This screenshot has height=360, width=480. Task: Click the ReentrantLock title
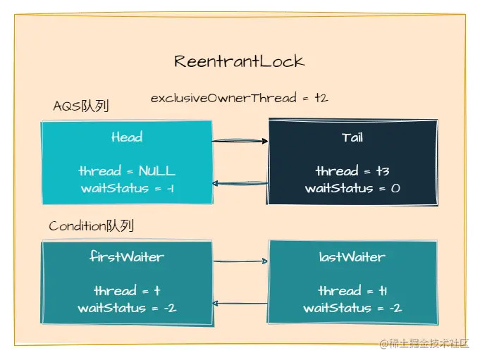240,61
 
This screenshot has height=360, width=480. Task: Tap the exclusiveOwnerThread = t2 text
239,98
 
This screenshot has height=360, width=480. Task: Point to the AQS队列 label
81,106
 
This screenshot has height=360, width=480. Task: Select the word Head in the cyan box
127,137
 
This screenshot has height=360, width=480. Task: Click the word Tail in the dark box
352,137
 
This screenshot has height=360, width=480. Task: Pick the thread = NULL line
127,171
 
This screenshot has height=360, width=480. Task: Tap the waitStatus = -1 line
127,188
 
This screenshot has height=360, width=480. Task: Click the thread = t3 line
352,171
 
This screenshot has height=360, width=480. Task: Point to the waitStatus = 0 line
352,188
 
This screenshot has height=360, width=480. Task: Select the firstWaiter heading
127,257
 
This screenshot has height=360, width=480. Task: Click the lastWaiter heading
352,257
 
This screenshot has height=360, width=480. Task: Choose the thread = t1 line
352,291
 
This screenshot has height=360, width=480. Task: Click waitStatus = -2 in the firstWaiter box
127,308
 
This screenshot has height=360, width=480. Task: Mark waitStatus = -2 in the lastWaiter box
352,308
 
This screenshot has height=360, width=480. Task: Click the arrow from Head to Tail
240,141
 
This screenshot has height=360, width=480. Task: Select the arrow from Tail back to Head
240,184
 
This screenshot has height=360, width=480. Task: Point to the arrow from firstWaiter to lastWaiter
240,262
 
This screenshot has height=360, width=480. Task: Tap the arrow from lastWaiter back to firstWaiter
240,304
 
